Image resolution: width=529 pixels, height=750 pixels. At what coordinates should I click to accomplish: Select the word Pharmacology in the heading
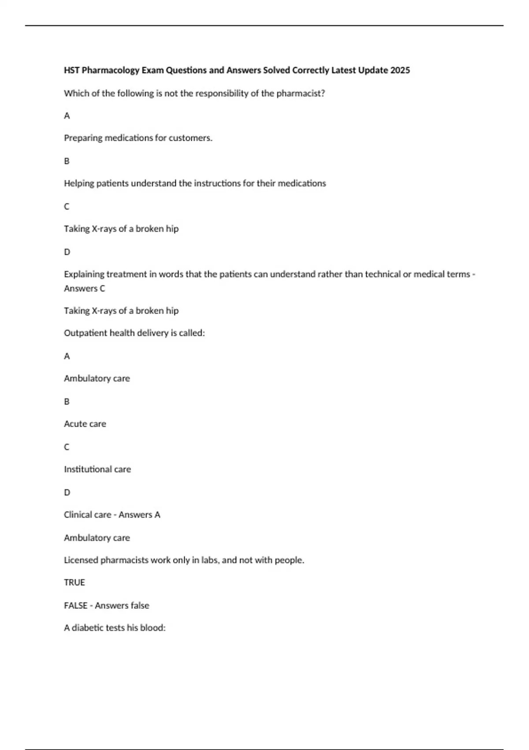coord(111,70)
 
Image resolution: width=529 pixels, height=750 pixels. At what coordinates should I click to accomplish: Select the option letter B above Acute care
coord(67,401)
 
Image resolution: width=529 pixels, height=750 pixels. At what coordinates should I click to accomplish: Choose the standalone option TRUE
coord(75,583)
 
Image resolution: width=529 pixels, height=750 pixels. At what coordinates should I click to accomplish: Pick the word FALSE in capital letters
coord(75,606)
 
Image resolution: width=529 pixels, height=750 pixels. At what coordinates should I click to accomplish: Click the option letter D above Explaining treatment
coord(67,252)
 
